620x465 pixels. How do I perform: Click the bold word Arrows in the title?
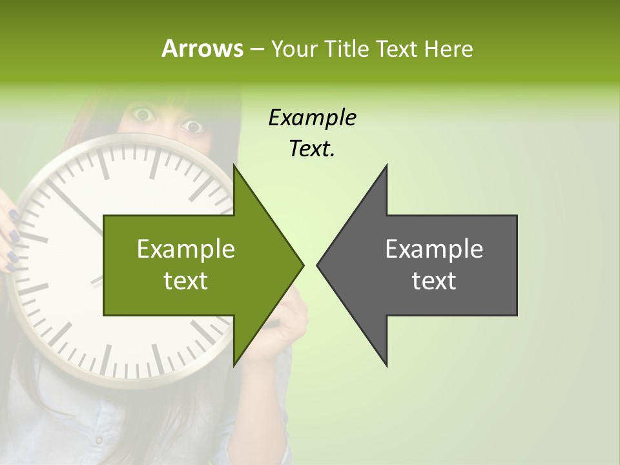tap(202, 48)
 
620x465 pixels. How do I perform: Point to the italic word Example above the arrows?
tap(312, 118)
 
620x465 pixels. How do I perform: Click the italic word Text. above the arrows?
tap(312, 149)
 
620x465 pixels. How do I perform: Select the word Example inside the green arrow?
tap(186, 249)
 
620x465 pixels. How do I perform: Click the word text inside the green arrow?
tap(186, 281)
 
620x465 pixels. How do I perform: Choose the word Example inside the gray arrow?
tap(434, 249)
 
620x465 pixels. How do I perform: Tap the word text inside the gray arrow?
tap(434, 281)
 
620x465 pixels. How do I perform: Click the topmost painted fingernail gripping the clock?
tap(14, 214)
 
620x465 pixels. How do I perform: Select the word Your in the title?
tap(294, 48)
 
